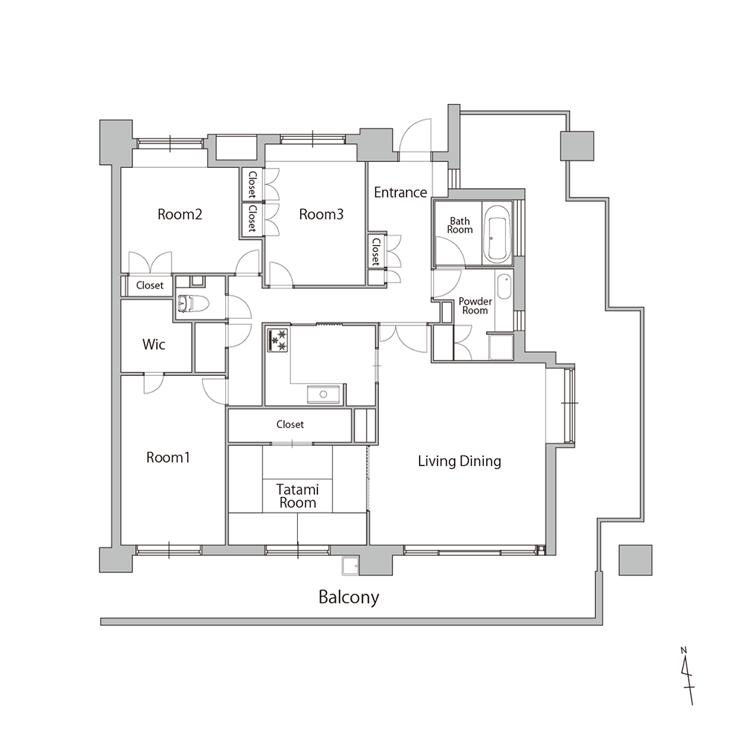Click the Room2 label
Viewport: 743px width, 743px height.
[180, 214]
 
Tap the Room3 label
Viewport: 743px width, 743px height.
[321, 214]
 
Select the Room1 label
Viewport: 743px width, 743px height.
[168, 457]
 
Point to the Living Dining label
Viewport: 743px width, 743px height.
[459, 461]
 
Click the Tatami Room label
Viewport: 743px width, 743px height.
[298, 496]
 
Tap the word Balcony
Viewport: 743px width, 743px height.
[348, 597]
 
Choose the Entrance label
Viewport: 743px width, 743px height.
[400, 192]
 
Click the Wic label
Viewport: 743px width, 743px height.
[154, 344]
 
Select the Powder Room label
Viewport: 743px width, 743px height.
[475, 305]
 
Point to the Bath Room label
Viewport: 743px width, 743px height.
[460, 225]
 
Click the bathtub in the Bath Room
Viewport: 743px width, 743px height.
[497, 233]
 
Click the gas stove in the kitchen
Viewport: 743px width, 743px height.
[278, 340]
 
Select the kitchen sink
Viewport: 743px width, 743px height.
[323, 395]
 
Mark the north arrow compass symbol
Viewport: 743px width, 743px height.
[687, 675]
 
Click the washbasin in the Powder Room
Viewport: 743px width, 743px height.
[504, 286]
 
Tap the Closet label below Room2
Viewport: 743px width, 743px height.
[150, 285]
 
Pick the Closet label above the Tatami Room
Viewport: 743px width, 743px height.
[290, 424]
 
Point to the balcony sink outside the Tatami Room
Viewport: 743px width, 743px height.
[351, 565]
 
